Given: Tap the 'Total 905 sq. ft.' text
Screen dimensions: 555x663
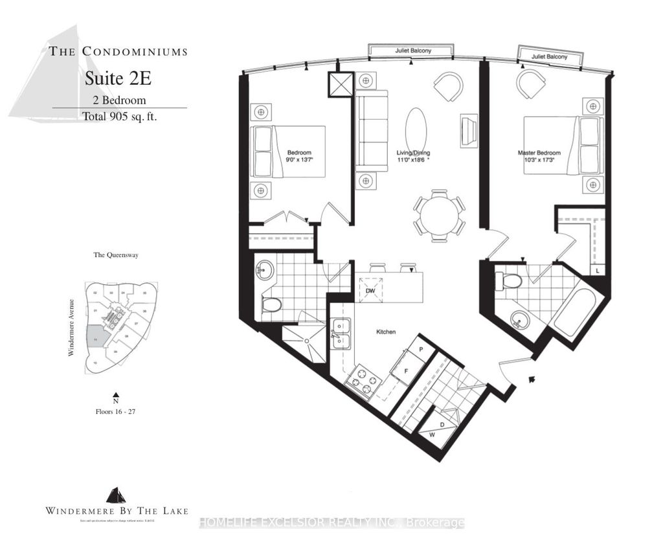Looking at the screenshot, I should pyautogui.click(x=120, y=117).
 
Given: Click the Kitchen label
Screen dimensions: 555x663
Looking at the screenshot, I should pyautogui.click(x=386, y=332).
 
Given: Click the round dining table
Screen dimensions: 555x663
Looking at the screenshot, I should pyautogui.click(x=440, y=214).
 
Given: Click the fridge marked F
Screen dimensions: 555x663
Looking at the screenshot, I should pyautogui.click(x=406, y=372).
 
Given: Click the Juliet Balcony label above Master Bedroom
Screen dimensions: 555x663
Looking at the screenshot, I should pyautogui.click(x=549, y=57).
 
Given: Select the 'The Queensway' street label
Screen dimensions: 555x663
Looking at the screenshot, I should pyautogui.click(x=116, y=255).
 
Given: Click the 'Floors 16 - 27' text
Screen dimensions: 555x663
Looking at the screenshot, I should pyautogui.click(x=116, y=411).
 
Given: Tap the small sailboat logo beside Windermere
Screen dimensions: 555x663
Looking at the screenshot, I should pyautogui.click(x=116, y=496).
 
